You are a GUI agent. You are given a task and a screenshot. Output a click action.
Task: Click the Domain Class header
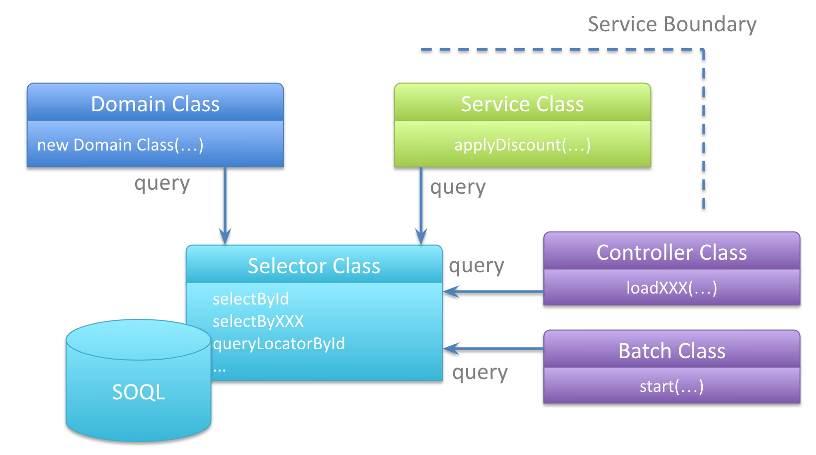(155, 104)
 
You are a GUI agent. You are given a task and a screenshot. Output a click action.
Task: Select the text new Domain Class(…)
(120, 145)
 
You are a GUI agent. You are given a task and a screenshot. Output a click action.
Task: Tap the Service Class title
(522, 104)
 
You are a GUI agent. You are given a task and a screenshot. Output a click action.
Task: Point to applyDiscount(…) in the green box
(522, 145)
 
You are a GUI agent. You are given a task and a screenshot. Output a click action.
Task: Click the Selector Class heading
(314, 266)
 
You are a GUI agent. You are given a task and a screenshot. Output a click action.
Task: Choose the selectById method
(250, 299)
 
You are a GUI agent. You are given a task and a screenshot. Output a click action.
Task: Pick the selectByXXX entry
(258, 321)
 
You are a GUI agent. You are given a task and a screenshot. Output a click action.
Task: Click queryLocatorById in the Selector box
(279, 344)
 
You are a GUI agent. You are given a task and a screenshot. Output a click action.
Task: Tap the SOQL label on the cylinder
(139, 392)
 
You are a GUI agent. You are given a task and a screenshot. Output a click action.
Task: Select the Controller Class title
(672, 253)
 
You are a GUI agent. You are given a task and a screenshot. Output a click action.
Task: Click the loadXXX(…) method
(672, 288)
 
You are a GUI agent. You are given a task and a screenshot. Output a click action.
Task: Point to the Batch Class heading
(672, 351)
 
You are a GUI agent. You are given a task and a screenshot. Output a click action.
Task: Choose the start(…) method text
(672, 386)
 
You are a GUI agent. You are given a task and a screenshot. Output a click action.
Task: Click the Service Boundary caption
(672, 24)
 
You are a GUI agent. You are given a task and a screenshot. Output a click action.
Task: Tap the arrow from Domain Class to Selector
(225, 206)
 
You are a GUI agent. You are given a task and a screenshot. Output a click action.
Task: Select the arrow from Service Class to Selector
(421, 206)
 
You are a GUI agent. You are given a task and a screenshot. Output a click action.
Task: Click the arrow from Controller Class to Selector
(493, 292)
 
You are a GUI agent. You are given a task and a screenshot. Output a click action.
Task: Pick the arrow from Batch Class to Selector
(493, 349)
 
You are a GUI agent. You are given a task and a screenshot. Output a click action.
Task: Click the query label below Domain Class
(162, 184)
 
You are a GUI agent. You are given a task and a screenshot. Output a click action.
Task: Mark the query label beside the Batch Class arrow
(480, 373)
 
